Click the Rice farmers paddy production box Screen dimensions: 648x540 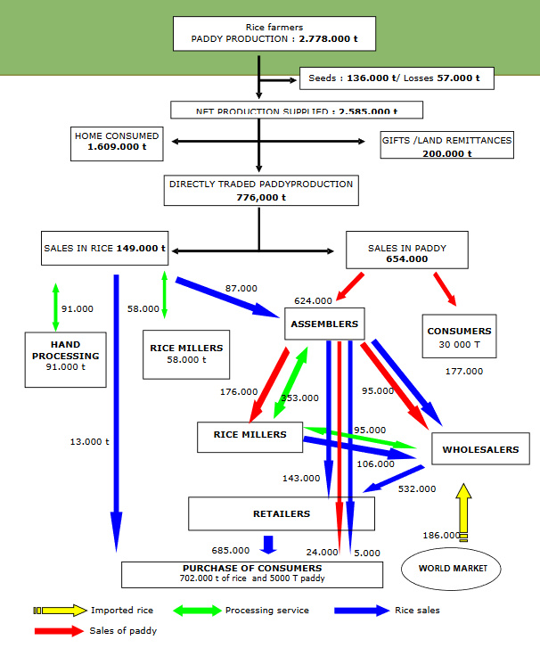274,34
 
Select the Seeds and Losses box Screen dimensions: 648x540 397,78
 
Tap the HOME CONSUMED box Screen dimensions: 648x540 117,143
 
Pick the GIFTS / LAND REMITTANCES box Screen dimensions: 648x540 446,146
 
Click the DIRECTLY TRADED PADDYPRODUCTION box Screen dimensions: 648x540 261,191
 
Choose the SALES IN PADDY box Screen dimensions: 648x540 406,253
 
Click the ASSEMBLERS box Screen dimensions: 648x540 324,324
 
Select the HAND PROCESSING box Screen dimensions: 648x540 66,355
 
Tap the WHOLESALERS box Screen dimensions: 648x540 480,449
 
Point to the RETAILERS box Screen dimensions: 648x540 282,513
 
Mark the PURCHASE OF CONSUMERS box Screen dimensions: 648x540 252,573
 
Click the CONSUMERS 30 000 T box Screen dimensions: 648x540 459,337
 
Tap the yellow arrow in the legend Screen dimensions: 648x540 61,611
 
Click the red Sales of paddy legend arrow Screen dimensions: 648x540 61,631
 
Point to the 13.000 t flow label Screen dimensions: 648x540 89,441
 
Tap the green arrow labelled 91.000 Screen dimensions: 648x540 55,308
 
